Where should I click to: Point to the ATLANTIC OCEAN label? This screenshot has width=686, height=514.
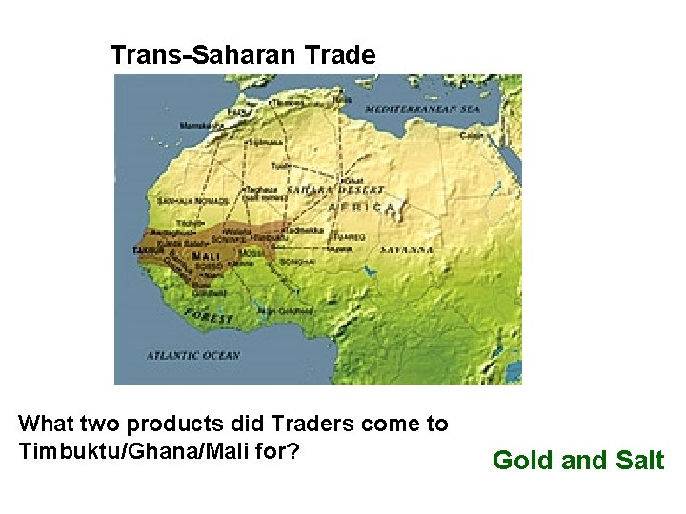point(193,355)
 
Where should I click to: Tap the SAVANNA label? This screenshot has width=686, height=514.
point(407,249)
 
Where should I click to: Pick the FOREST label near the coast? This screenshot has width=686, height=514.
point(210,316)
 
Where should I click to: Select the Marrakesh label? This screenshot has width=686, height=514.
point(202,125)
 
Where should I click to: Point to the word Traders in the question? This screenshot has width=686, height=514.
point(328,424)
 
